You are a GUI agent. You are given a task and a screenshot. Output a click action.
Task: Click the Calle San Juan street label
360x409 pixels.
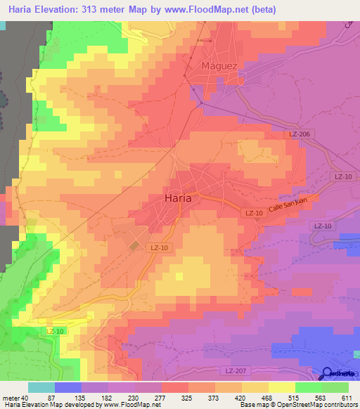(x=288, y=205)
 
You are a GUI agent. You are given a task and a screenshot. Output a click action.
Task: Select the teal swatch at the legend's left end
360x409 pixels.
(x=41, y=387)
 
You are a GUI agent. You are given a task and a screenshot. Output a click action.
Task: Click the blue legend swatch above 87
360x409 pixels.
(x=68, y=387)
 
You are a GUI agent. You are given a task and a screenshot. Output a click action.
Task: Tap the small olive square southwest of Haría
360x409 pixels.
(x=135, y=245)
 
